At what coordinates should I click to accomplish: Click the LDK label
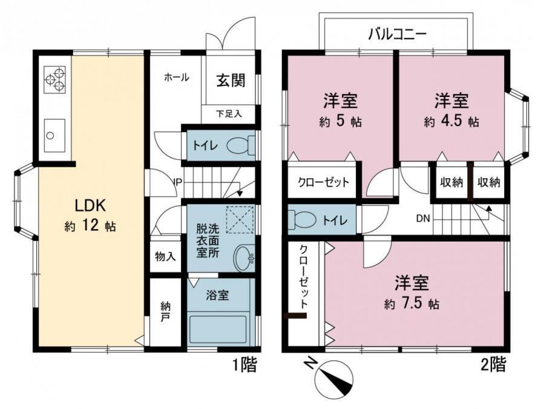tap(90, 205)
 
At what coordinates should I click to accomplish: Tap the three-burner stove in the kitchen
tap(55, 80)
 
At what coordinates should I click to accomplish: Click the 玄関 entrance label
tap(231, 81)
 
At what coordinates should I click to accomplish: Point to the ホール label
tap(176, 78)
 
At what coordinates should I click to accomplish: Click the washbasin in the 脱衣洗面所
tap(244, 258)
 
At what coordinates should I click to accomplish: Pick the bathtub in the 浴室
tap(218, 328)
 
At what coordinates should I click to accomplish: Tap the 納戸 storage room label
tap(165, 311)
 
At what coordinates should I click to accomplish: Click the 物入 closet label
tap(165, 256)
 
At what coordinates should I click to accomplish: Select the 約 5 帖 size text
tap(340, 122)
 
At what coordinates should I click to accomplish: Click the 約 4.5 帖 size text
tap(451, 122)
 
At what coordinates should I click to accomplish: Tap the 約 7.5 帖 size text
tap(412, 304)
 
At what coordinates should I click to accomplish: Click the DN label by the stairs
tap(422, 218)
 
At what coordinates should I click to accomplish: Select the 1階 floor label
tap(244, 364)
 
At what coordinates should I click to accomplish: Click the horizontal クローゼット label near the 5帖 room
tap(323, 182)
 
